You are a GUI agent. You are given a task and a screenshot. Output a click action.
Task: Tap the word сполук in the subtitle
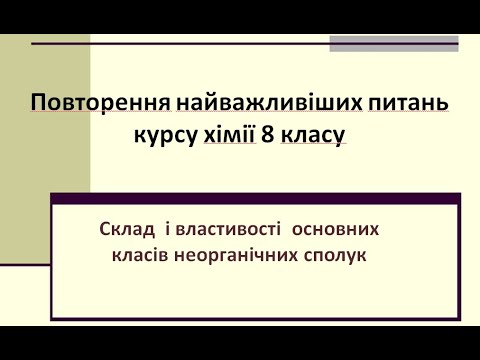click(x=336, y=256)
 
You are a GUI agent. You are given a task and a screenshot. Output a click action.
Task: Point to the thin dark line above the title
click(x=180, y=44)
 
